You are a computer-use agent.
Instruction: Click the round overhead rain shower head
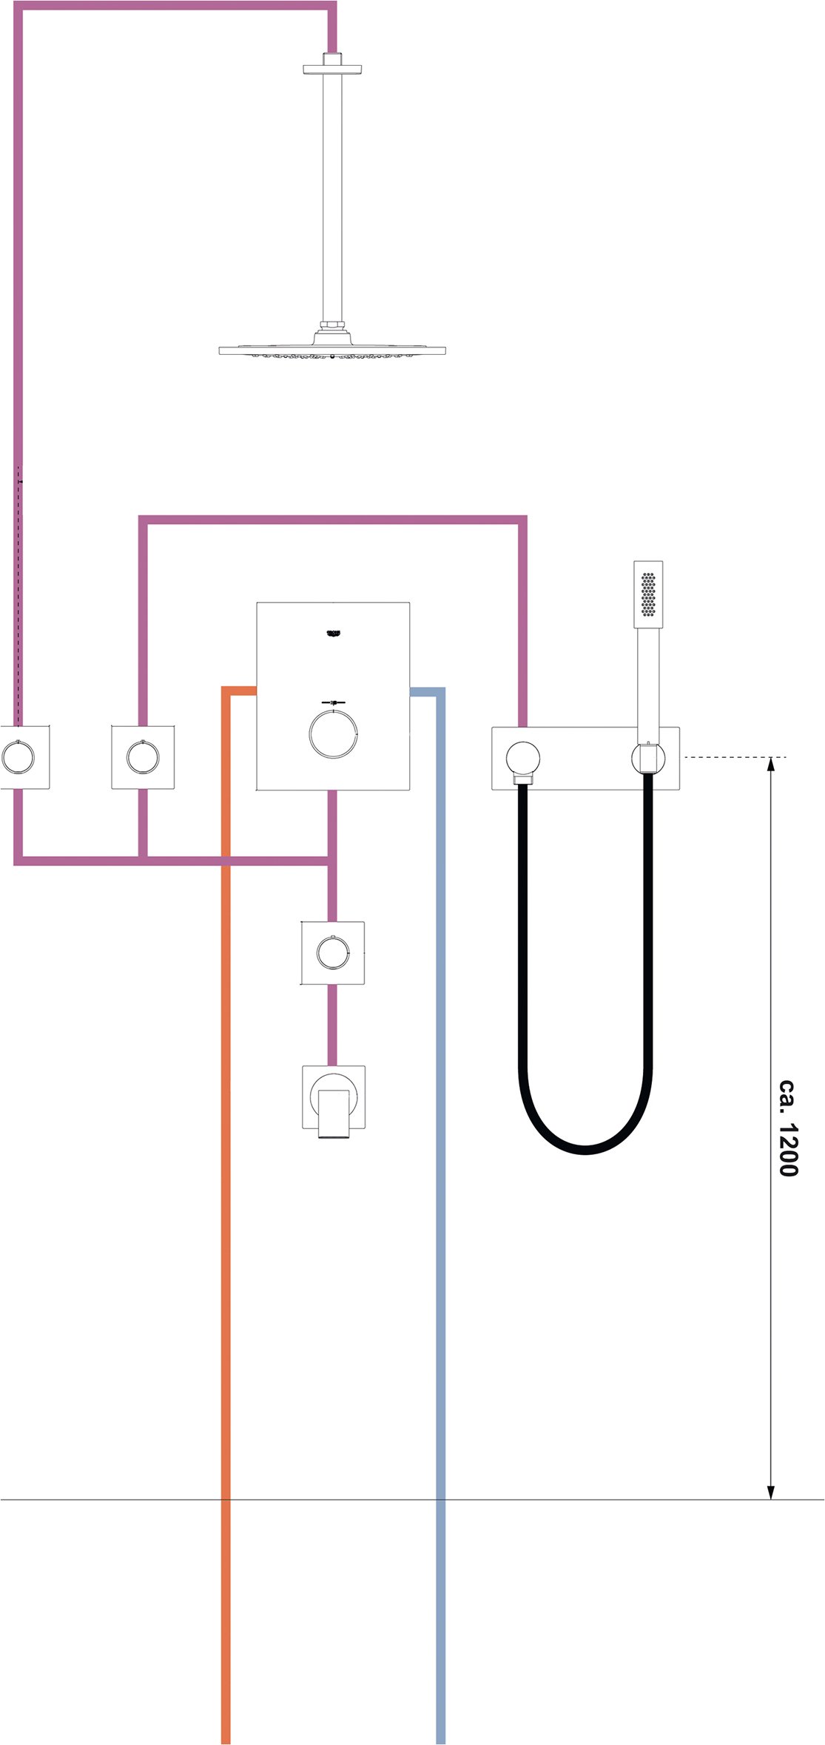pyautogui.click(x=332, y=350)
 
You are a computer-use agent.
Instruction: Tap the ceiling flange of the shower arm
pyautogui.click(x=333, y=69)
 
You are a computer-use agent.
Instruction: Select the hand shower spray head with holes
pyautogui.click(x=648, y=593)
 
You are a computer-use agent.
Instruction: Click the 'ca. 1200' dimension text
pyautogui.click(x=788, y=1127)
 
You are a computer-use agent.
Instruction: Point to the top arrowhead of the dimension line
pyautogui.click(x=771, y=765)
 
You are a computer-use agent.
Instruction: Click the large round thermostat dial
pyautogui.click(x=333, y=733)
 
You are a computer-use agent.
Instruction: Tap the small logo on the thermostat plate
pyautogui.click(x=334, y=633)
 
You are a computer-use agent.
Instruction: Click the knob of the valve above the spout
pyautogui.click(x=333, y=952)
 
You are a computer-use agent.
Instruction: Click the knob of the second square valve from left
pyautogui.click(x=142, y=756)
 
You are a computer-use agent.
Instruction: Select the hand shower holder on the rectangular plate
pyautogui.click(x=648, y=759)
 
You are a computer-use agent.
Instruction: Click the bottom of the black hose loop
pyautogui.click(x=585, y=1150)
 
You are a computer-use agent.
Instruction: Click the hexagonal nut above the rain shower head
pyautogui.click(x=332, y=325)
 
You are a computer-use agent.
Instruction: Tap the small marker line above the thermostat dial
pyautogui.click(x=333, y=702)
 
